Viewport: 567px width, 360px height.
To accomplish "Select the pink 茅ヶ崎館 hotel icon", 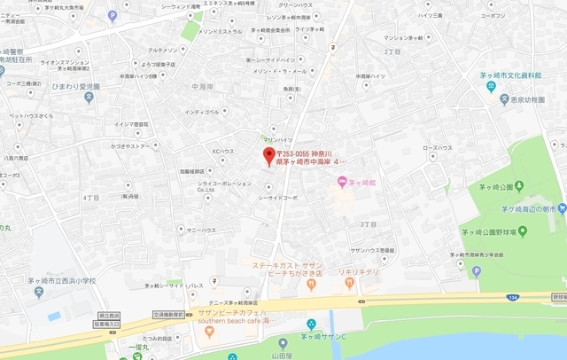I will (x=342, y=183).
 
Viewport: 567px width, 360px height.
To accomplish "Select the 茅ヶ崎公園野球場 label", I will (x=493, y=231).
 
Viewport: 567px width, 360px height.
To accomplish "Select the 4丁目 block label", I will (x=90, y=197).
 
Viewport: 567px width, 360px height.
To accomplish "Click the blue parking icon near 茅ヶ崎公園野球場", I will (x=476, y=271).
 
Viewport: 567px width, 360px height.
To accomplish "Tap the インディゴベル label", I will (x=202, y=112).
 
